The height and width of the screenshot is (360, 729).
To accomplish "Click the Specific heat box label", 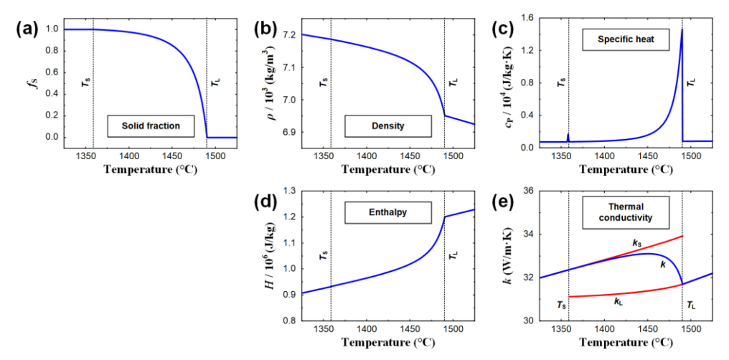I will click(623, 40).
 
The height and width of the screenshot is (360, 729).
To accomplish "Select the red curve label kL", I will click(619, 302).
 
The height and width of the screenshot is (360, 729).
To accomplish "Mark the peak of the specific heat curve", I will click(681, 29).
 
